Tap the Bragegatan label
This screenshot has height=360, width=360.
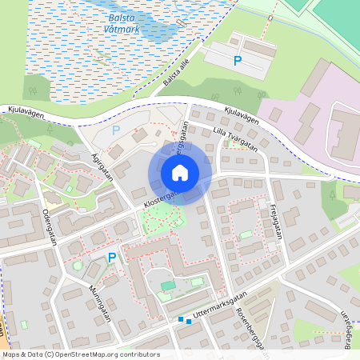tap(350, 326)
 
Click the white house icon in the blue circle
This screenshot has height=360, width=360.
tap(180, 173)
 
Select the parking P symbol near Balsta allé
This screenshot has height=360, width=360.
tap(237, 60)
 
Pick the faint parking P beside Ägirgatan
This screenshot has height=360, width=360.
tap(116, 129)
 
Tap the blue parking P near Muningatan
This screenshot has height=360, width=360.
tap(112, 257)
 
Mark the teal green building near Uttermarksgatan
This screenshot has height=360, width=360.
tap(168, 286)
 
